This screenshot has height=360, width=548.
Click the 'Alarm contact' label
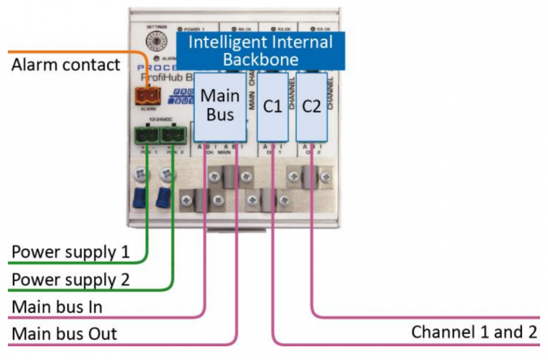[x=66, y=65]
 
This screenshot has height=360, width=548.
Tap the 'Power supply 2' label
[x=71, y=279]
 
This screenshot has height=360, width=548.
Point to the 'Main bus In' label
[x=57, y=307]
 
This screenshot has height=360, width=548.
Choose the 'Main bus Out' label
[x=64, y=334]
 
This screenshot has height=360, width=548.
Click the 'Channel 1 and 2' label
[x=475, y=332]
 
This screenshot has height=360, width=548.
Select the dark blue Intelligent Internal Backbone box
[x=260, y=51]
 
